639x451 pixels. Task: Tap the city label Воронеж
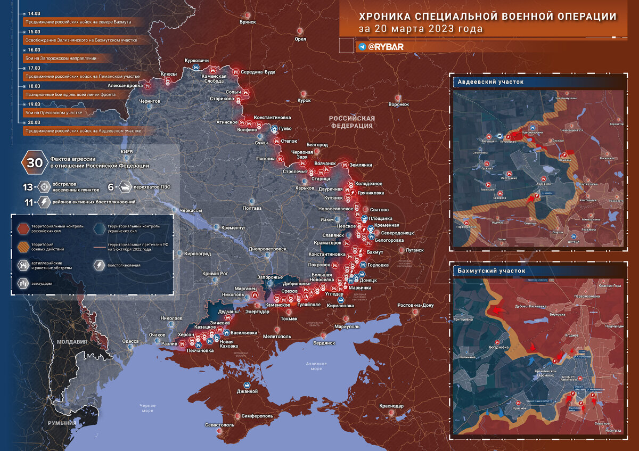pos(399,104)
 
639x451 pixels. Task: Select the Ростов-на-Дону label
pos(415,305)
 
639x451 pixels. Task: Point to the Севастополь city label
pos(219,425)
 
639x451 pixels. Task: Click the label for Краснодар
pos(391,406)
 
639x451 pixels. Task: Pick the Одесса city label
pos(130,341)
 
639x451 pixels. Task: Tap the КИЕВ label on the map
pos(126,152)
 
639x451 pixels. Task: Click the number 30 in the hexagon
pos(35,162)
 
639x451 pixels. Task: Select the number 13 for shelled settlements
pos(28,187)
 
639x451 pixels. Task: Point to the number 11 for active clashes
pos(28,202)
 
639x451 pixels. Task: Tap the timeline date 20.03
pos(34,122)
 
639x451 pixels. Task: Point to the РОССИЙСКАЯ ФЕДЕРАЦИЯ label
pos(351,122)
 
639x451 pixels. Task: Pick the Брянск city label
pos(248,22)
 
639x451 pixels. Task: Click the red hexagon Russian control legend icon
pos(23,228)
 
